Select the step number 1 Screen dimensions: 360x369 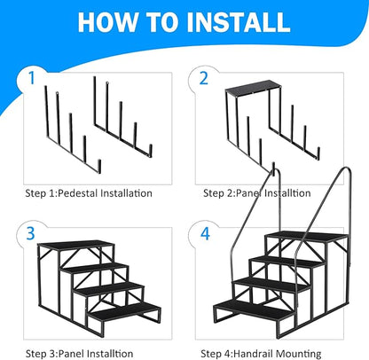coord(35,77)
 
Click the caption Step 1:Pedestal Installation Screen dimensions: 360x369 coord(89,192)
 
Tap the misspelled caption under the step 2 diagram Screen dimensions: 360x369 coord(257,192)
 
